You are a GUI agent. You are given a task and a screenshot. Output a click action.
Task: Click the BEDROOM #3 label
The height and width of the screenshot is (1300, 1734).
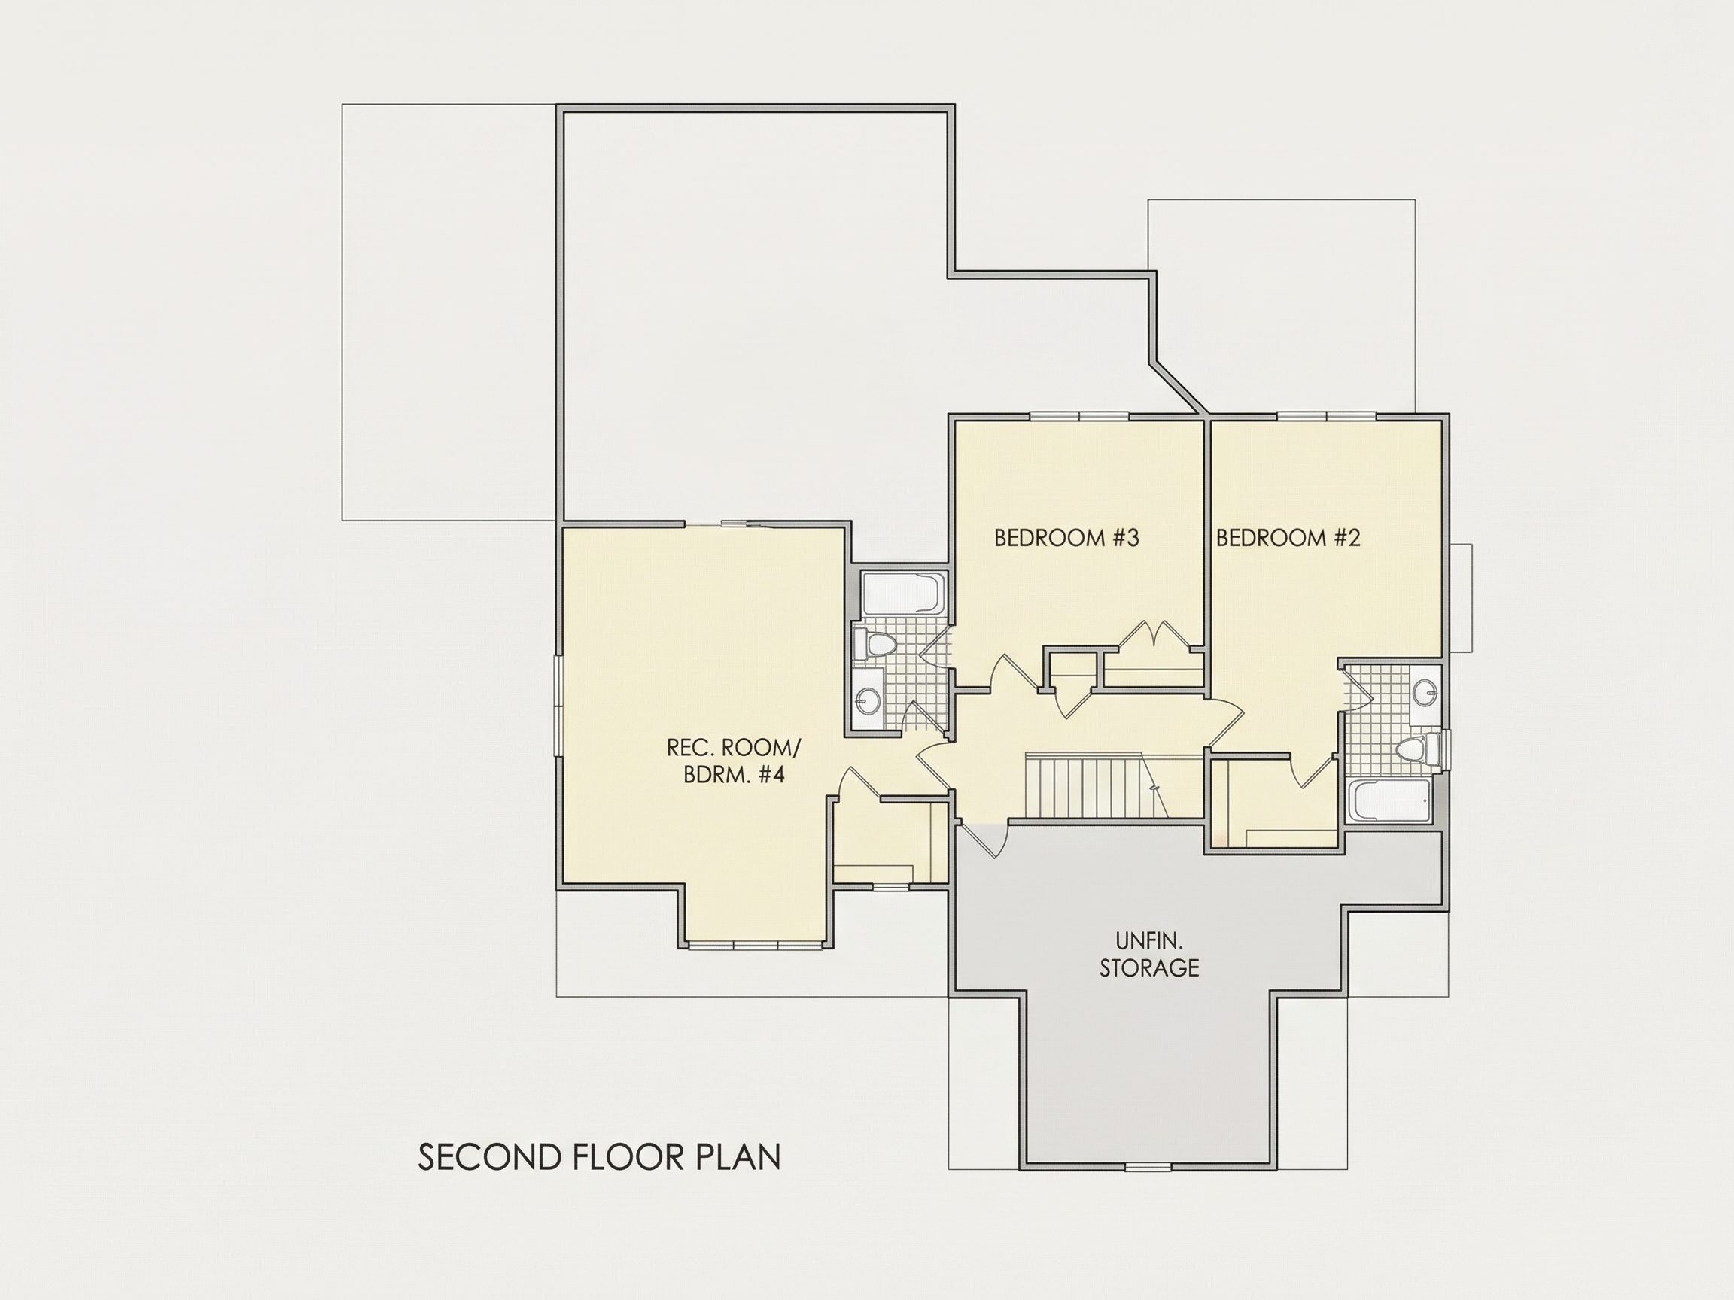click(x=1066, y=539)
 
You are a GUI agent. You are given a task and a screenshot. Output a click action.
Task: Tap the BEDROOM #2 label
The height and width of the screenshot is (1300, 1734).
click(x=1288, y=539)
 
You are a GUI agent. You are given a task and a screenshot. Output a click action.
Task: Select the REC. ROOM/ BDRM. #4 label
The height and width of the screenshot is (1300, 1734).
click(x=734, y=761)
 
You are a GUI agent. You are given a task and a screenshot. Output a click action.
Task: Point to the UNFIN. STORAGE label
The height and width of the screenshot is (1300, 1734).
click(x=1148, y=955)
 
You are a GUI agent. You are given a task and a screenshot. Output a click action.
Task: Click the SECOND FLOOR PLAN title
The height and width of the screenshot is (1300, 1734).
click(x=600, y=1156)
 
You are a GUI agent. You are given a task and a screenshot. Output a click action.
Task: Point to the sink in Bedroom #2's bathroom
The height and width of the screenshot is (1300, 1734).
click(x=1427, y=691)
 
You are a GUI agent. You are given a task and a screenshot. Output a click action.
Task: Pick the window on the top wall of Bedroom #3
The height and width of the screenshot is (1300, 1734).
click(x=1079, y=416)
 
